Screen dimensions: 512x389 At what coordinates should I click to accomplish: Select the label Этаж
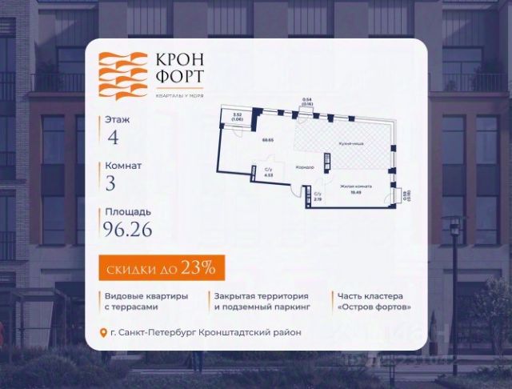click(116, 119)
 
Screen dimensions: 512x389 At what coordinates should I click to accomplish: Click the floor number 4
click(114, 138)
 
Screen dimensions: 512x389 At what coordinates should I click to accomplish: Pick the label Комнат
click(123, 166)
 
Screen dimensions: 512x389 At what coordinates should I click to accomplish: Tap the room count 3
click(111, 184)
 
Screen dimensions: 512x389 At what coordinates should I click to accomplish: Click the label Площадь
click(126, 212)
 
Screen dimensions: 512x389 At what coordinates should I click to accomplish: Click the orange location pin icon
click(103, 333)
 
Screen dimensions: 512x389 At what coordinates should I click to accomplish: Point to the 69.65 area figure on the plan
click(268, 140)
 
